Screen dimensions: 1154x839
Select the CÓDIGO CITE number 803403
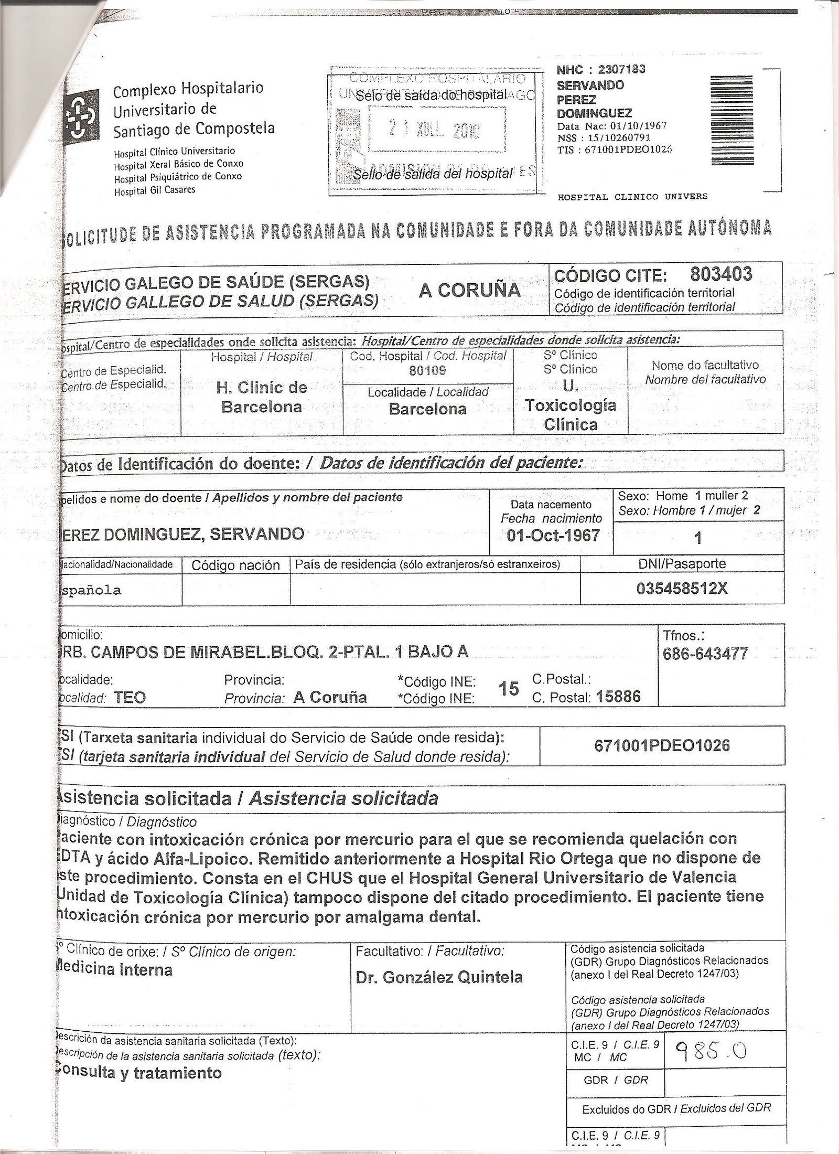click(721, 274)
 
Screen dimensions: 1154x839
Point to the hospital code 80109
click(427, 371)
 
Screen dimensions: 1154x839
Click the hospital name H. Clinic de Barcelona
click(262, 397)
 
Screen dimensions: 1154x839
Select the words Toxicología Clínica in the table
click(571, 414)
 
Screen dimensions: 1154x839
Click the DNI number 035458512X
click(682, 589)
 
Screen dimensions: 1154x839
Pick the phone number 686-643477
click(706, 654)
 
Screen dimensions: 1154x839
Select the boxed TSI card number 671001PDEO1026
click(662, 745)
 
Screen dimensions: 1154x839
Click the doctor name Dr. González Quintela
click(439, 977)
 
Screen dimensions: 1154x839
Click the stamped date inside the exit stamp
click(437, 130)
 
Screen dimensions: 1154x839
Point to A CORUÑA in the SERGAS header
click(469, 290)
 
